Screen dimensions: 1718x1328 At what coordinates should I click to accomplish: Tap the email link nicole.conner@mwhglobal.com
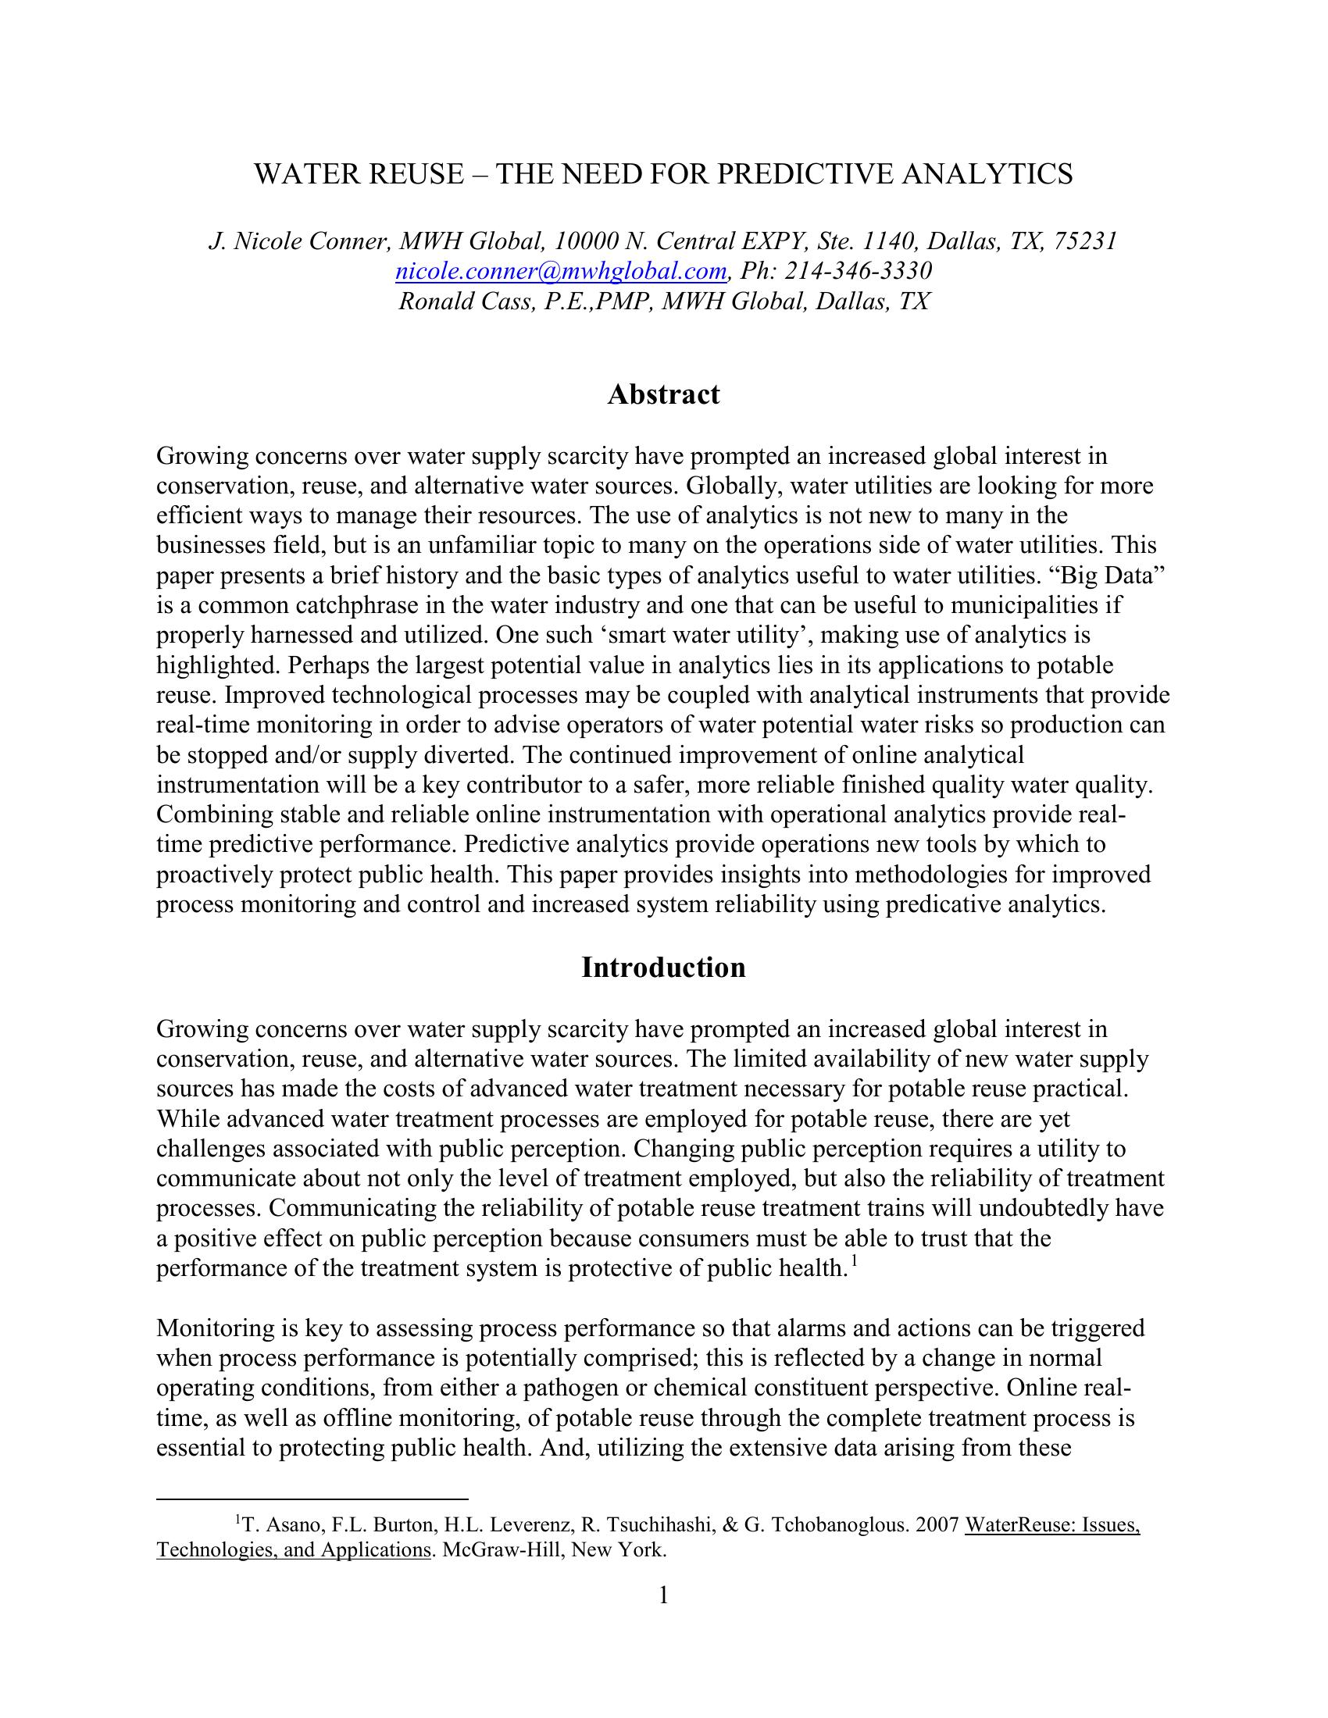click(560, 272)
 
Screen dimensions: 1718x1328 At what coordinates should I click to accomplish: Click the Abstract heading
click(663, 394)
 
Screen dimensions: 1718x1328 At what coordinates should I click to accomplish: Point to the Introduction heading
click(663, 968)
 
